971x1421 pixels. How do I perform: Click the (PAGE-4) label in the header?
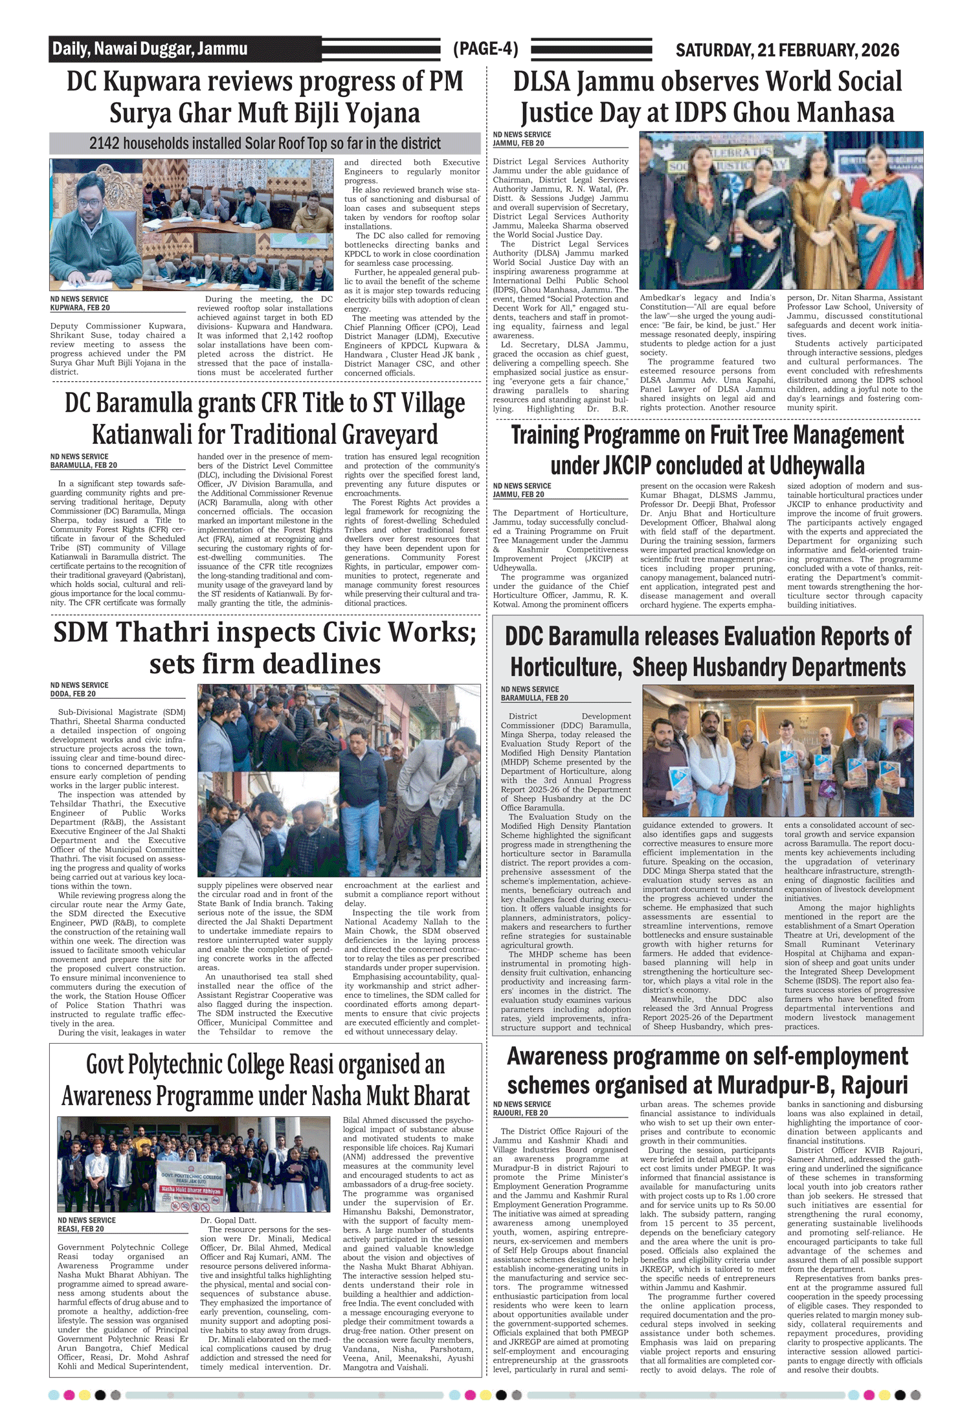tap(485, 49)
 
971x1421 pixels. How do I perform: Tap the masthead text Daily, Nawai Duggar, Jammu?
tap(150, 49)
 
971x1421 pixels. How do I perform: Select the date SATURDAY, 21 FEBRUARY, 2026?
tap(787, 50)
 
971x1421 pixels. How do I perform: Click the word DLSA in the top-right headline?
tap(542, 82)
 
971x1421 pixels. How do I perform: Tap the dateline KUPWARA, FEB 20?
tap(80, 308)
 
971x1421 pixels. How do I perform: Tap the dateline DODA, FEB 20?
tap(73, 694)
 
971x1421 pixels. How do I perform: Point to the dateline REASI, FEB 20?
tap(80, 1229)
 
